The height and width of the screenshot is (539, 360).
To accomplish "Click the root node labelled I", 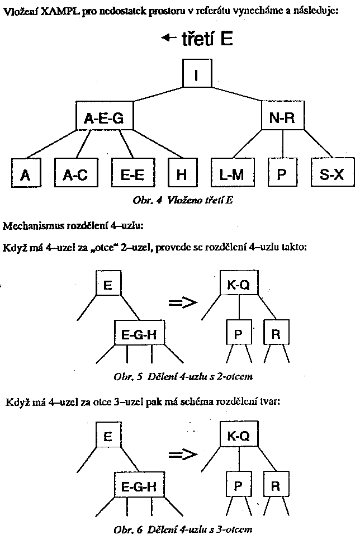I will tap(197, 74).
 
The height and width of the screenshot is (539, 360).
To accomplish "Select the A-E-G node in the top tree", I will tap(103, 117).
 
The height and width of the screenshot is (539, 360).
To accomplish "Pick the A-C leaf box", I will tap(75, 174).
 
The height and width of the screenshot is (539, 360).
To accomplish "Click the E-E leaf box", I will tap(132, 174).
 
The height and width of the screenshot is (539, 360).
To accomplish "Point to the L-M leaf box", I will tap(232, 174).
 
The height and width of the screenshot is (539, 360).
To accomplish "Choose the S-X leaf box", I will tap(332, 174).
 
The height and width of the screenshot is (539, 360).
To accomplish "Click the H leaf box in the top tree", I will tap(181, 174).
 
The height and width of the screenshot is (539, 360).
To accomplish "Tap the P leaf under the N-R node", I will tap(282, 174).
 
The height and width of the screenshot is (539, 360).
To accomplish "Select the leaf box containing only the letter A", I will tap(25, 174).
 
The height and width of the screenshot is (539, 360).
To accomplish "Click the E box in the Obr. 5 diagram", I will tap(108, 286).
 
